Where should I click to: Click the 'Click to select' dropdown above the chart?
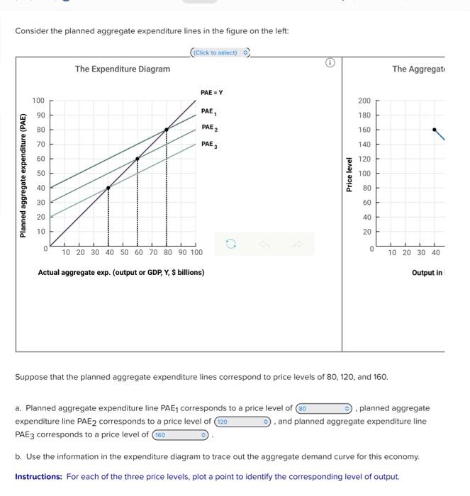click(x=220, y=53)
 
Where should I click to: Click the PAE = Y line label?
click(x=211, y=93)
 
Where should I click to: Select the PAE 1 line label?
click(x=209, y=111)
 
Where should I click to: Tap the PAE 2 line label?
click(x=209, y=128)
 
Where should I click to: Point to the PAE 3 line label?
click(x=209, y=145)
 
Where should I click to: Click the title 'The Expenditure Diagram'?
click(x=123, y=69)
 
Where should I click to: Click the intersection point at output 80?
click(x=167, y=130)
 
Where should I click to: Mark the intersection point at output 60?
click(x=138, y=159)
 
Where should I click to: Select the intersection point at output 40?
click(x=108, y=188)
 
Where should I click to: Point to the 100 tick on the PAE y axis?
click(x=38, y=101)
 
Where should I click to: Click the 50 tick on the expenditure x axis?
click(x=123, y=252)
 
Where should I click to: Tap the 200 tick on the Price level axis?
click(x=364, y=101)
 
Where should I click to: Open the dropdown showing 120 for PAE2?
click(x=243, y=422)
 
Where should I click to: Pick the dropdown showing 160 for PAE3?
click(x=181, y=434)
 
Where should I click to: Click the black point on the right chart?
click(x=435, y=130)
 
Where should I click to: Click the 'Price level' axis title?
click(x=348, y=174)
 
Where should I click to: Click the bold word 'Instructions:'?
click(x=39, y=476)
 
